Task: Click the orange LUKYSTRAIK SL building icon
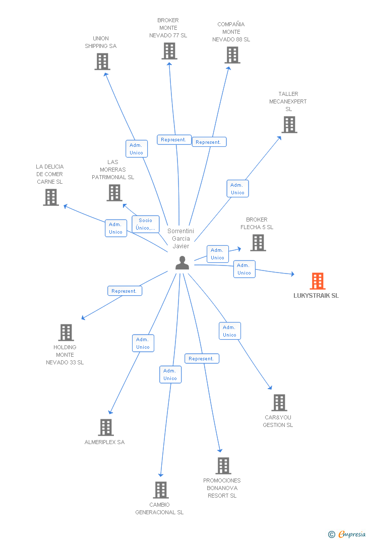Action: pyautogui.click(x=317, y=281)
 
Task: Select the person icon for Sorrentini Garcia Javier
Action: pyautogui.click(x=182, y=263)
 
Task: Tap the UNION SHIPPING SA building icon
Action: pyautogui.click(x=102, y=62)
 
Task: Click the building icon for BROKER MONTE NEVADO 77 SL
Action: pyautogui.click(x=169, y=51)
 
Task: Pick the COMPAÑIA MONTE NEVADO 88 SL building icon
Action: pyautogui.click(x=232, y=55)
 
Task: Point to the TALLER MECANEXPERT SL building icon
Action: pyautogui.click(x=289, y=125)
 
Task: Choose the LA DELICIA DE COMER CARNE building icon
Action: pyautogui.click(x=51, y=197)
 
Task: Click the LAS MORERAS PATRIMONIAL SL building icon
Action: pyautogui.click(x=114, y=193)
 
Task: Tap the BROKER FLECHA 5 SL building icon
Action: pyautogui.click(x=258, y=243)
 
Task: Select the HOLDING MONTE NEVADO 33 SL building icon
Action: pyautogui.click(x=66, y=333)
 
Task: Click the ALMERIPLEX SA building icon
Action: pyautogui.click(x=105, y=427)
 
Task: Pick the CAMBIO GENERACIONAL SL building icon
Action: pyautogui.click(x=160, y=490)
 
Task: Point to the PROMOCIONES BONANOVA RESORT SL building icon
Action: pyautogui.click(x=223, y=466)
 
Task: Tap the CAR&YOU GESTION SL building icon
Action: pyautogui.click(x=279, y=403)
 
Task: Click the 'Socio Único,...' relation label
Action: pyautogui.click(x=146, y=224)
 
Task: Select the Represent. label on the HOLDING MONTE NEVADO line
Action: pyautogui.click(x=125, y=291)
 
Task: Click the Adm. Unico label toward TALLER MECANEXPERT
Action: pyautogui.click(x=237, y=189)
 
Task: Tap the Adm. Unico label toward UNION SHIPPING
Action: pyautogui.click(x=136, y=149)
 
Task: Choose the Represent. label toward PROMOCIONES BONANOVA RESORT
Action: pyautogui.click(x=202, y=359)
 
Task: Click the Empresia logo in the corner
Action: pyautogui.click(x=347, y=534)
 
